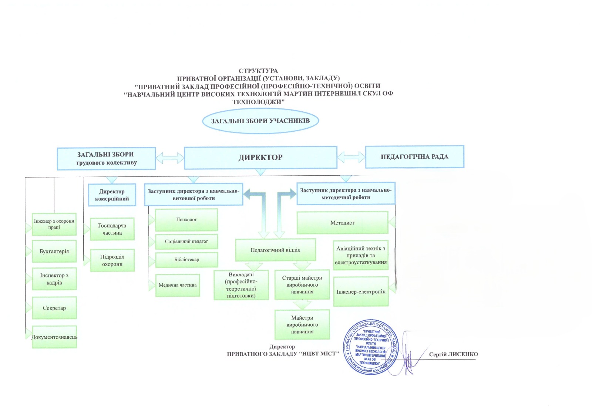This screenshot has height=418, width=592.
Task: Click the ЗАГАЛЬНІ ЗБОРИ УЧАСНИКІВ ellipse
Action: coord(260,121)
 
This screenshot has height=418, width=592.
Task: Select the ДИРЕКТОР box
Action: coord(260,158)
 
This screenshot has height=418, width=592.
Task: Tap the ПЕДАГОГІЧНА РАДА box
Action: coord(415,157)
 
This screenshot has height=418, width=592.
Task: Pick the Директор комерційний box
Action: coord(112,195)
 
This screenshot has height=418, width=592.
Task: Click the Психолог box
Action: coord(186,220)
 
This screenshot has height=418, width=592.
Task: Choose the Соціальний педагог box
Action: coord(186,242)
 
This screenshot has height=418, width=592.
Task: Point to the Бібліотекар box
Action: coord(186,260)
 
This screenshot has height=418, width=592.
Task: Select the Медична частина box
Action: coord(178,285)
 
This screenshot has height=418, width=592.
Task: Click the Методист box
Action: coord(343,223)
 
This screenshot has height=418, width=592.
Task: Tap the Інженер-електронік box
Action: coord(361,292)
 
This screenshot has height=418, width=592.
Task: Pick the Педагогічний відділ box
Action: coord(276,250)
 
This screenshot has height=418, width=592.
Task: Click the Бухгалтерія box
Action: coord(54,251)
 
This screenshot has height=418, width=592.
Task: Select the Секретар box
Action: coord(54,308)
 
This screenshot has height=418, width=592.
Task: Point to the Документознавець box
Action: coord(54,337)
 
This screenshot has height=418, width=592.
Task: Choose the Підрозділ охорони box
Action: coord(112,260)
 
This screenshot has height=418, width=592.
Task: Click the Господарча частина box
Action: coord(112,229)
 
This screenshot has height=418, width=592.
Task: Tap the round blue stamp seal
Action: coord(371,347)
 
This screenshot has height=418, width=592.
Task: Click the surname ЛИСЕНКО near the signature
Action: coord(462,354)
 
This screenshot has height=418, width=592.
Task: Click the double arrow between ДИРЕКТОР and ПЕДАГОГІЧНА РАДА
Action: coord(351,157)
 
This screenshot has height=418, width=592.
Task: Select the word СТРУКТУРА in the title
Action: coord(258,71)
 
